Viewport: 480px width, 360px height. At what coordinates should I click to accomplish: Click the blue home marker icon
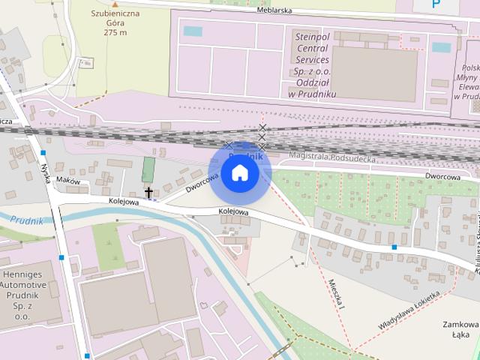point(239,172)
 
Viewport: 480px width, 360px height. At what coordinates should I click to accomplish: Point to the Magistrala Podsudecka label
point(331,155)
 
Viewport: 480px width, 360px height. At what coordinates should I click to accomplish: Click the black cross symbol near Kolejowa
point(148,193)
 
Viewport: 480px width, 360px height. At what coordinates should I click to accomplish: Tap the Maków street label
point(67,180)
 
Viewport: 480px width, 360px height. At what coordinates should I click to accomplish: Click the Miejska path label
point(335,294)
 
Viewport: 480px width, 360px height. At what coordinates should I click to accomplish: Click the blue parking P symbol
point(436,4)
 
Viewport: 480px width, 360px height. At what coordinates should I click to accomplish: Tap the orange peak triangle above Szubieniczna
point(115,4)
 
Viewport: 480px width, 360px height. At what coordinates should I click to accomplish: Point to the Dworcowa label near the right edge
point(442,176)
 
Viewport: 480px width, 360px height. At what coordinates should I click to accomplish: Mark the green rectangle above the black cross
point(148,169)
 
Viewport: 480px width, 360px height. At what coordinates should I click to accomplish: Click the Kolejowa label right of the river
point(233,211)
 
